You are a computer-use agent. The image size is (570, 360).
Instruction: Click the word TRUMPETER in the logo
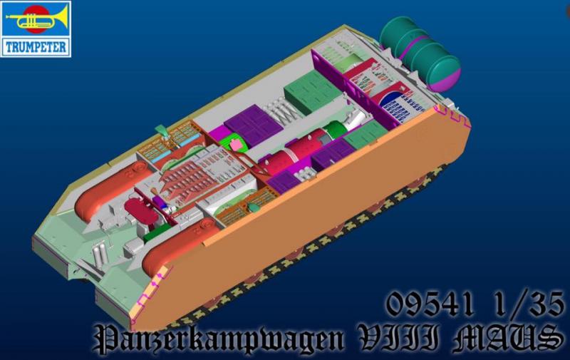[36, 47]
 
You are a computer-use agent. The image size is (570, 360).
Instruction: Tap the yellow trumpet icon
[38, 20]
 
